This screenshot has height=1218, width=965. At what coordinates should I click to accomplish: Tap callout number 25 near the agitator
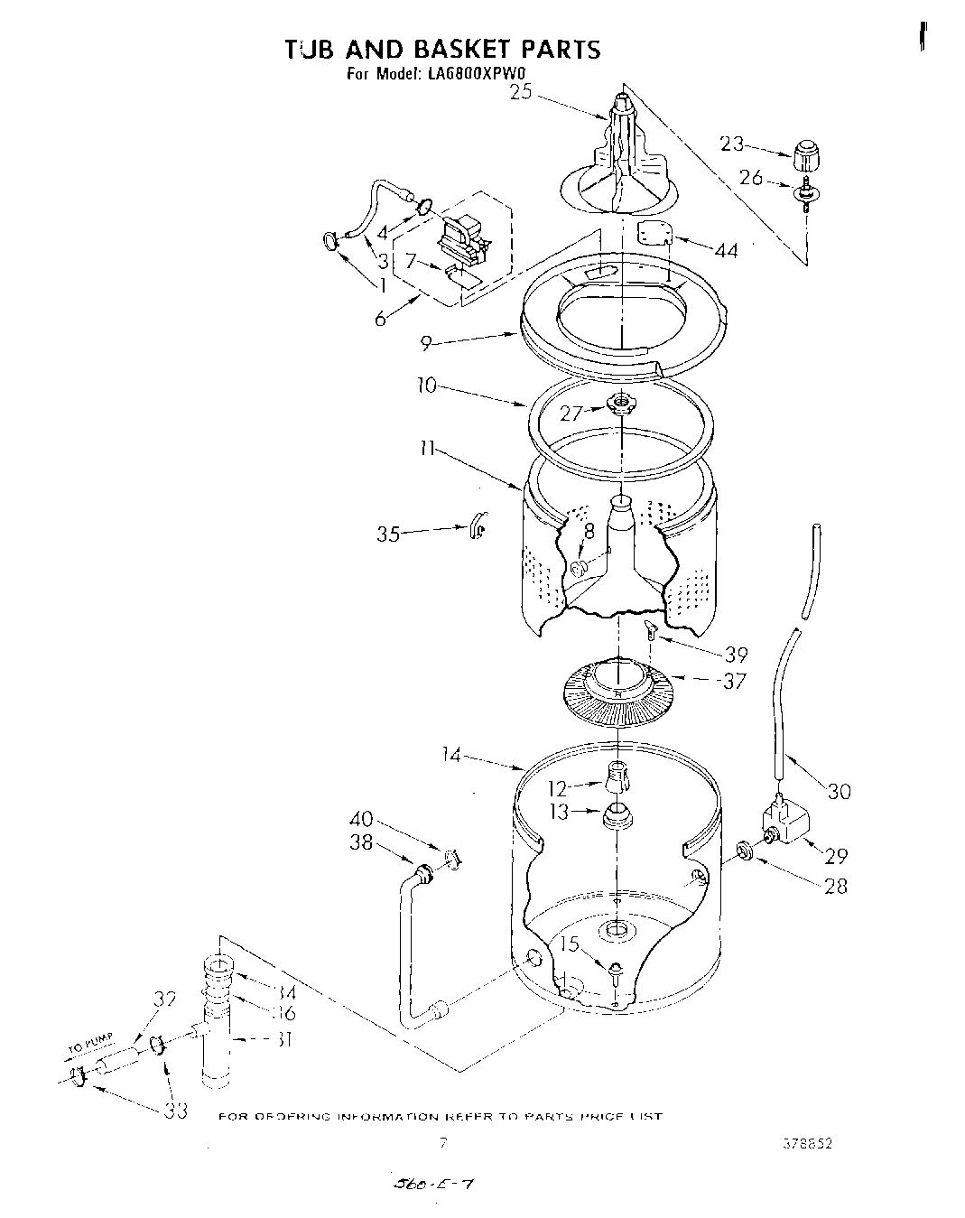[x=522, y=91]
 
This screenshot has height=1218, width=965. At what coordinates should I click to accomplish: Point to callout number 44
[x=725, y=250]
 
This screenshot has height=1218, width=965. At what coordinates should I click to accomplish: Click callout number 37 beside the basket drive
[x=734, y=681]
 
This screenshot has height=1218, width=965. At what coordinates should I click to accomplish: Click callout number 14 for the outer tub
[x=451, y=755]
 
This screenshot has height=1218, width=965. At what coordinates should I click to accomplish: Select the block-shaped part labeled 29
[x=786, y=821]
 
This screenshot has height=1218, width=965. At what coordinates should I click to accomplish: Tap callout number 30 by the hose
[x=839, y=791]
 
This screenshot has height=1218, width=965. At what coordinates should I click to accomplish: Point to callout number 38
[x=362, y=842]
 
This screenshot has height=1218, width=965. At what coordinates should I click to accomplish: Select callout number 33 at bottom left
[x=175, y=1110]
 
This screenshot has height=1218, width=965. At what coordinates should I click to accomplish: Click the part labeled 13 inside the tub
[x=617, y=815]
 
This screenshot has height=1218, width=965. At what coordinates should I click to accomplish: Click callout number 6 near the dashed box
[x=381, y=318]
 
